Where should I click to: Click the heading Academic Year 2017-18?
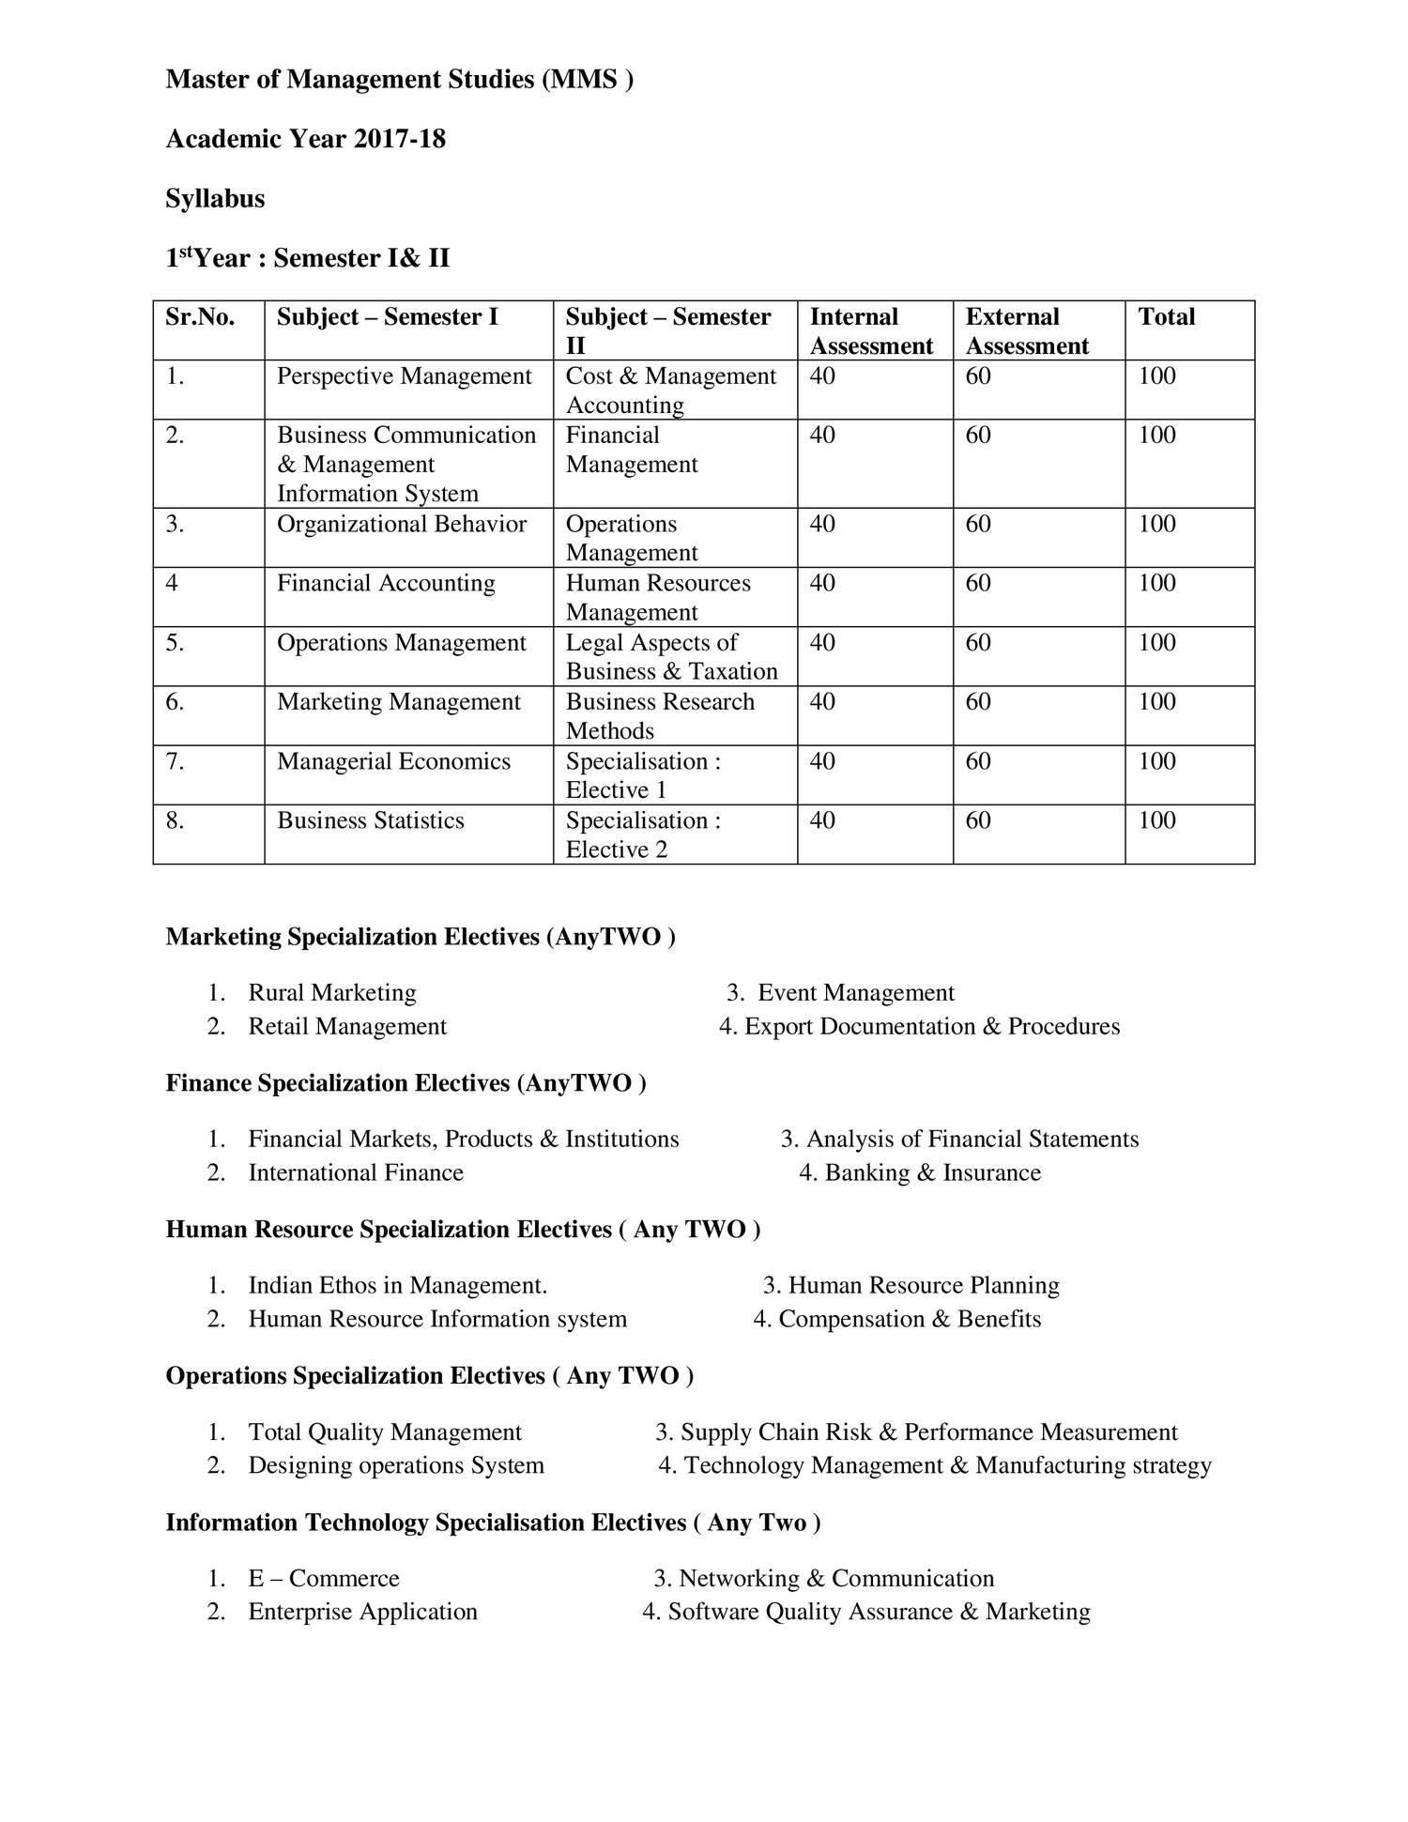pos(305,139)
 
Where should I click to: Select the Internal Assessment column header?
pos(870,330)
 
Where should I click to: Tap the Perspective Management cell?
pos(404,375)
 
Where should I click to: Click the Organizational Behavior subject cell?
pos(401,524)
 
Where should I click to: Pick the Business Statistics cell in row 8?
pos(370,820)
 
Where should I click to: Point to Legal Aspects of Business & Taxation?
pos(671,656)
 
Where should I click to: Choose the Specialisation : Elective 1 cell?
pos(643,774)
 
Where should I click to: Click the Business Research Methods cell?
pos(659,715)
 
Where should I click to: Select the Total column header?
pos(1166,316)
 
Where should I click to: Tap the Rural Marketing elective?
pos(331,992)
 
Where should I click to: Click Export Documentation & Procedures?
pos(931,1026)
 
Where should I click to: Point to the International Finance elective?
pos(356,1172)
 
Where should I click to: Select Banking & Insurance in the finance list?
pos(932,1172)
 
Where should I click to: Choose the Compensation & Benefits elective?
pos(909,1319)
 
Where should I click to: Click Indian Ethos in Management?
pos(397,1285)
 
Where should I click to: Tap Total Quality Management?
pos(384,1432)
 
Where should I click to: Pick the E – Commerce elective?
pos(323,1578)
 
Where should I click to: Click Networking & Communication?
pos(835,1578)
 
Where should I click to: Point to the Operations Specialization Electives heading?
pos(429,1375)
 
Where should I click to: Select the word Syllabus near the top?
pos(215,198)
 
